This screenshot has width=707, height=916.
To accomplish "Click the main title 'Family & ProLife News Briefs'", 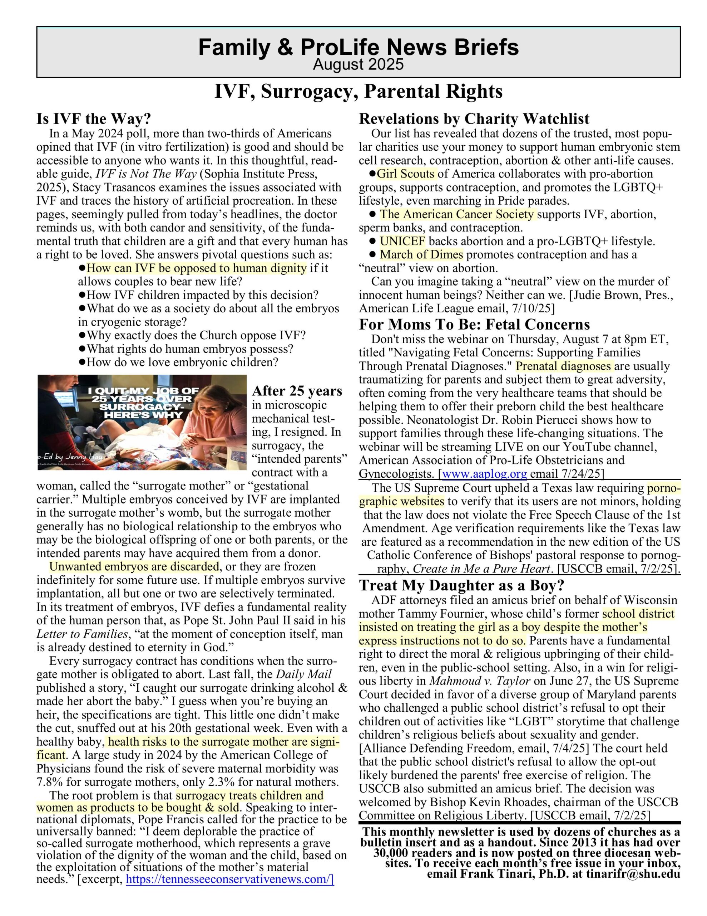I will (358, 47).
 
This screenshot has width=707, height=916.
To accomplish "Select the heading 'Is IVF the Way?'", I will (93, 119).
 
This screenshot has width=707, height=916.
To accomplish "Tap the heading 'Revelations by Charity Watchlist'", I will (474, 119).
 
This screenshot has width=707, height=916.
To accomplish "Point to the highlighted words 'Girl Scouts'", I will (406, 174).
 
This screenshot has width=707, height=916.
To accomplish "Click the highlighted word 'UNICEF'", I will (402, 241).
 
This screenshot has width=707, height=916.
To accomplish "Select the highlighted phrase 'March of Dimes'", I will (421, 255).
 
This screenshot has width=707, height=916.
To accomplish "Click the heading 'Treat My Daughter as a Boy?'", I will (462, 585).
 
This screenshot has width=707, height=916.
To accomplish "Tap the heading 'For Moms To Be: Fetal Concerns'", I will (474, 324).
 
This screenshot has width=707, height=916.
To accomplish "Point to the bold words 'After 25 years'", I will (297, 391).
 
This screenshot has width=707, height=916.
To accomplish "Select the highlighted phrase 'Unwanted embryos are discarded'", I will (134, 567).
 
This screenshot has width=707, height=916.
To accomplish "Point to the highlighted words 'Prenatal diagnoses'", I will (564, 366).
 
